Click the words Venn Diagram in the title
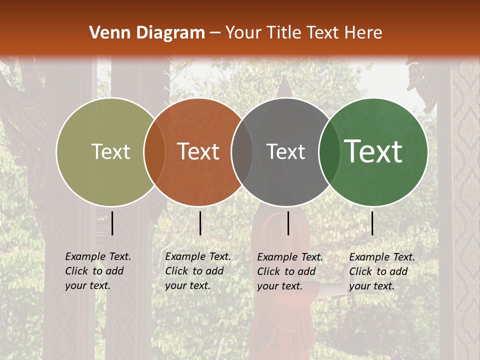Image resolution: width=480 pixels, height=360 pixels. click(146, 33)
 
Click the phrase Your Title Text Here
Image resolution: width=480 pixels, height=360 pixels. click(303, 33)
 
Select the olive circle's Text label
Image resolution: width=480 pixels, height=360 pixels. click(110, 152)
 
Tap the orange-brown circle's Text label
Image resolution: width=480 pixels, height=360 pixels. click(198, 152)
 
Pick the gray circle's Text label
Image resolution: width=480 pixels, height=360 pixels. click(285, 152)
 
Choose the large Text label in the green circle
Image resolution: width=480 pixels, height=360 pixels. click(373, 151)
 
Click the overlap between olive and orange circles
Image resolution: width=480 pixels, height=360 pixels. click(154, 152)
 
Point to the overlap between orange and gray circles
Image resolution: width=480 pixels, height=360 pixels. click(242, 152)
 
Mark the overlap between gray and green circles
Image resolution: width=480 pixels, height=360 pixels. click(329, 152)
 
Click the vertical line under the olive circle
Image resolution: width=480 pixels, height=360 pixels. click(112, 223)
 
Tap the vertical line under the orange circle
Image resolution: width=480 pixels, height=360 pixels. click(200, 223)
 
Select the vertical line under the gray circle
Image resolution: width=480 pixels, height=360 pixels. click(288, 223)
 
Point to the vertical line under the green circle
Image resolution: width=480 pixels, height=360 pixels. click(372, 223)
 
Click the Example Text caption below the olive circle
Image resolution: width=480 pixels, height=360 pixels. click(97, 271)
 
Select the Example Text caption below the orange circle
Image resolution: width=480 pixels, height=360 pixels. click(197, 271)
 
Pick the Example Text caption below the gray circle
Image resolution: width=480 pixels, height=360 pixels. click(289, 271)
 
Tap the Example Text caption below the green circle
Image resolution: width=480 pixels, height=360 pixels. click(381, 271)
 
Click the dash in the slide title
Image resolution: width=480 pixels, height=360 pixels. click(215, 33)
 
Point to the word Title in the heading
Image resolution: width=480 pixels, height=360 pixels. click(285, 33)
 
